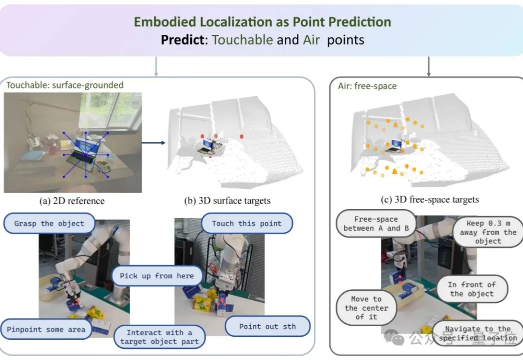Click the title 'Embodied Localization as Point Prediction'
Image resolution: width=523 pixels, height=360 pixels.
tap(262, 22)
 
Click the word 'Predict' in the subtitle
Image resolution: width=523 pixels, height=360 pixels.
tap(183, 40)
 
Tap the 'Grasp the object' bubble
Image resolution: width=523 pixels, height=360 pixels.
tap(49, 224)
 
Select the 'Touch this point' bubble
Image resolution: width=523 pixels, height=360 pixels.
tap(247, 224)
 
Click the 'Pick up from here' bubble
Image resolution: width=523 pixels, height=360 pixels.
tap(157, 276)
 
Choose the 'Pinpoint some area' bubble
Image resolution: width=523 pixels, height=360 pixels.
tap(46, 330)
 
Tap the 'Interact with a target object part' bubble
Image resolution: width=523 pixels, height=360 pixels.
tap(159, 337)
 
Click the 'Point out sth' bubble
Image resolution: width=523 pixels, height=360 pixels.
tap(267, 326)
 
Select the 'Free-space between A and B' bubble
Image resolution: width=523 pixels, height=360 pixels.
tap(376, 224)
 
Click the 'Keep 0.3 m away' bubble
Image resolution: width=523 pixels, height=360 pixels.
tap(488, 232)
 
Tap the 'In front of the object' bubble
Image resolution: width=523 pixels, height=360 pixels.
tap(472, 289)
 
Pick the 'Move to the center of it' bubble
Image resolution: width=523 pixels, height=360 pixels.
tap(366, 308)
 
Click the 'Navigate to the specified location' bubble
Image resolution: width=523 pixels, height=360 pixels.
tap(478, 333)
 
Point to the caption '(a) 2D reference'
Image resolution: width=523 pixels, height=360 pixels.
tap(72, 201)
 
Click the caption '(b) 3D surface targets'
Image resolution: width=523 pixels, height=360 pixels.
tap(227, 201)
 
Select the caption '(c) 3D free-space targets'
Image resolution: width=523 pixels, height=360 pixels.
tap(430, 200)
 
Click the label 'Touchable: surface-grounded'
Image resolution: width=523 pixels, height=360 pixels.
tap(65, 85)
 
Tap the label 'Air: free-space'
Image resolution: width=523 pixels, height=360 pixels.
tap(367, 86)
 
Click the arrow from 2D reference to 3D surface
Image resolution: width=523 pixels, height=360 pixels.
tap(154, 143)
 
